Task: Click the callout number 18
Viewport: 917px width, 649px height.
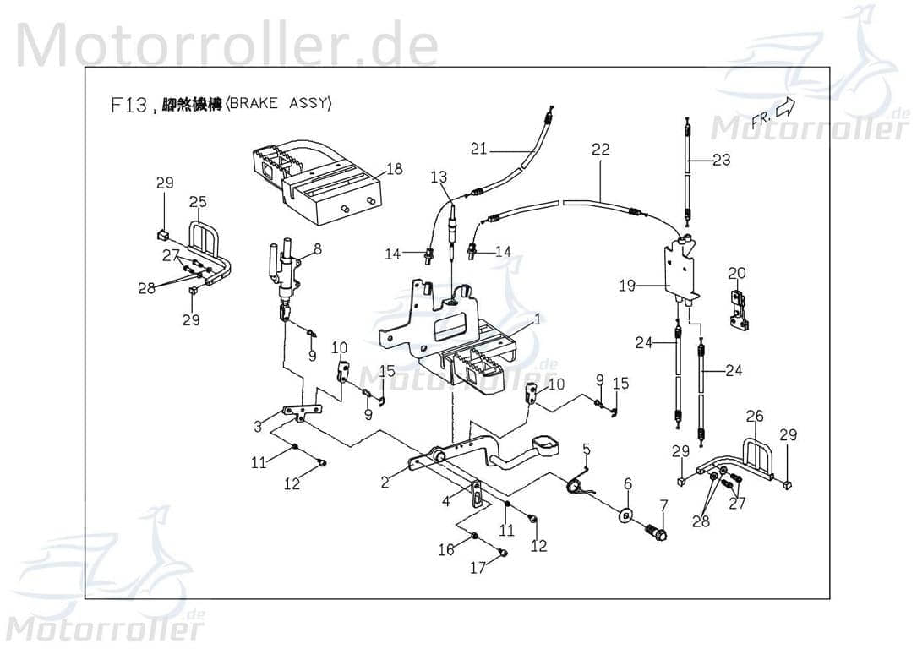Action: pyautogui.click(x=394, y=169)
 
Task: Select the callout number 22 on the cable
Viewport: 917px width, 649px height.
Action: pyautogui.click(x=600, y=150)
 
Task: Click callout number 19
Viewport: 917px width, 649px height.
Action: pyautogui.click(x=626, y=286)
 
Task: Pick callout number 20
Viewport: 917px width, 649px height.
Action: pyautogui.click(x=737, y=273)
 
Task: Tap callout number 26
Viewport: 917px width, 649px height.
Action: pyautogui.click(x=755, y=416)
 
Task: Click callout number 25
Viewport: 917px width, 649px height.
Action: pyautogui.click(x=198, y=202)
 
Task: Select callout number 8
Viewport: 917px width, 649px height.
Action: pyautogui.click(x=318, y=248)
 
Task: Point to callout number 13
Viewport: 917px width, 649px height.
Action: pyautogui.click(x=438, y=177)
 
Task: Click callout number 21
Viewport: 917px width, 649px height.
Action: pyautogui.click(x=479, y=149)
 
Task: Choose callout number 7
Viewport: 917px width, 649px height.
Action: pyautogui.click(x=663, y=505)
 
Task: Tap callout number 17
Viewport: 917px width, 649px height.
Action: pyautogui.click(x=478, y=568)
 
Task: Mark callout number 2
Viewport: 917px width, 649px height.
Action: pyautogui.click(x=385, y=483)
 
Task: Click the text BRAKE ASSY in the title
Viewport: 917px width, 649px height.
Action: pyautogui.click(x=280, y=104)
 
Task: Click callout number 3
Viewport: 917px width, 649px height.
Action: pyautogui.click(x=259, y=427)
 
